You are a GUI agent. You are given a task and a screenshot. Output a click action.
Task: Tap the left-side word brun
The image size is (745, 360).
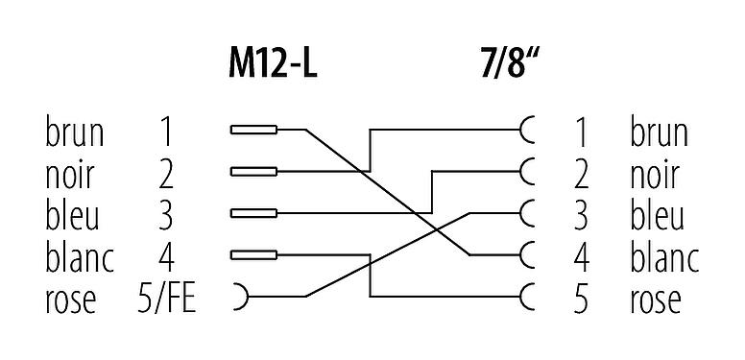pos(74,131)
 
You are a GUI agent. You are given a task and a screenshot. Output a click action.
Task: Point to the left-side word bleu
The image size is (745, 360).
pos(73,214)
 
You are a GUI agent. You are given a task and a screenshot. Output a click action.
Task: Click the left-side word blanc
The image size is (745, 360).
pos(80,256)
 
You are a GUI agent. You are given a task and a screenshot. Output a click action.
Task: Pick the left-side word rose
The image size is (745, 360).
pos(71,299)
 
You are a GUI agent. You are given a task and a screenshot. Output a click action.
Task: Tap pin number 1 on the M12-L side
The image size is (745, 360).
pos(166,131)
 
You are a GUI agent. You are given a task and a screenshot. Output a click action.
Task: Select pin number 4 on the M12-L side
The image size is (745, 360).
pos(166,256)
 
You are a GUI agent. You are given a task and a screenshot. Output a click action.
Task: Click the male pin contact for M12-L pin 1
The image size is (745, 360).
pos(254,130)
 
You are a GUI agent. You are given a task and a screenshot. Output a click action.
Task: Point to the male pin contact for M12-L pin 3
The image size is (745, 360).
pos(254,213)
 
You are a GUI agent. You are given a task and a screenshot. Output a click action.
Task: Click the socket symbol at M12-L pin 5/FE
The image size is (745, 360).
pos(238,297)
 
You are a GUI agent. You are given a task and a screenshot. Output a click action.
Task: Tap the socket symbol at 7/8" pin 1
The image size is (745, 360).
pos(526,130)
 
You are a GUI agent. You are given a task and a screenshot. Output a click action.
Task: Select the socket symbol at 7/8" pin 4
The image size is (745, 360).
pos(526,255)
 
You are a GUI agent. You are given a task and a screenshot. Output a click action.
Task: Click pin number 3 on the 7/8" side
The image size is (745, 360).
pos(579,214)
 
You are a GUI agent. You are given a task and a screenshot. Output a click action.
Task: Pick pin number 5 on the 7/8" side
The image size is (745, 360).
pos(579,299)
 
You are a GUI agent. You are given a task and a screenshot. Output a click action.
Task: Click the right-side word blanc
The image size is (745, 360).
pos(664,256)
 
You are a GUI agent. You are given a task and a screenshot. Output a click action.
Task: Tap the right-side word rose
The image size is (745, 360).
pos(656,299)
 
